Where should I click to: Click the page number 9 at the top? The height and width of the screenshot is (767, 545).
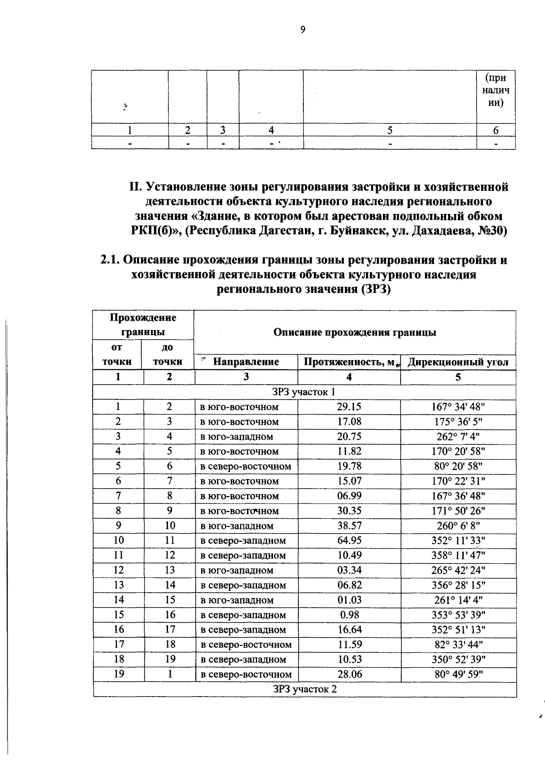[303, 30]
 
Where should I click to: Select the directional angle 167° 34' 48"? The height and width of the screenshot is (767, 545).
[458, 407]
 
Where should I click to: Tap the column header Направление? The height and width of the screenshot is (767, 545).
[246, 362]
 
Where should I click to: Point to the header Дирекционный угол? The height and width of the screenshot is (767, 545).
[458, 362]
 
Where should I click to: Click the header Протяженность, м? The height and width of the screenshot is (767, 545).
[348, 362]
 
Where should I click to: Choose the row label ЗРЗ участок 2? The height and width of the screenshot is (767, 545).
[304, 689]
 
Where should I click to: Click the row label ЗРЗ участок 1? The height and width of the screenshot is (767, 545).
[304, 392]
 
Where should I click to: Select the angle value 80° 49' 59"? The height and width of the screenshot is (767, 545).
[458, 674]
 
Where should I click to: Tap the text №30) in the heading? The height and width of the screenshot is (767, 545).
[492, 231]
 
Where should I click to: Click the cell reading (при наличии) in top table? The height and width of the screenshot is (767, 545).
[495, 90]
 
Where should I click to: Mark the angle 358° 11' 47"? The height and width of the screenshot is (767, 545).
[458, 555]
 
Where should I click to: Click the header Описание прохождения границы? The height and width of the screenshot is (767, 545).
[354, 332]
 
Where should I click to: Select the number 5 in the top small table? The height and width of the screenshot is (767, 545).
[389, 130]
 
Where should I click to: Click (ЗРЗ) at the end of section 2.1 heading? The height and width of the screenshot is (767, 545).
[376, 289]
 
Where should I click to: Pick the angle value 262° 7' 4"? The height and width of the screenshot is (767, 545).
[458, 437]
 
